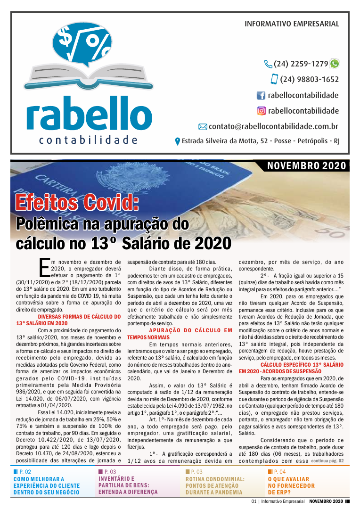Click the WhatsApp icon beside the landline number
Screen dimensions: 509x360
(x=335, y=64)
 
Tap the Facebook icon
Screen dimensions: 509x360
(x=261, y=96)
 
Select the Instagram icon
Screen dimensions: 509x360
(x=261, y=111)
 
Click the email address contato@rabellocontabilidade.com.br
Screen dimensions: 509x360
(x=273, y=126)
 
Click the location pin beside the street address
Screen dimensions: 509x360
(x=178, y=141)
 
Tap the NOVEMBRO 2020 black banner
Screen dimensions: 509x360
(x=306, y=165)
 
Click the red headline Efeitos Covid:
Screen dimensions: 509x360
(x=77, y=203)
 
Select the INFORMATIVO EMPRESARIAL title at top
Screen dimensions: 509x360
(x=292, y=24)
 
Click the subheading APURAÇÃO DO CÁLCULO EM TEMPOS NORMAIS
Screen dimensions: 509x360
(x=180, y=334)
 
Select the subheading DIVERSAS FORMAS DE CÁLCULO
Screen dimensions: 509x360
(x=68, y=320)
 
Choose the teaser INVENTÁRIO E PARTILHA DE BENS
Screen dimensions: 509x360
(x=128, y=485)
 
